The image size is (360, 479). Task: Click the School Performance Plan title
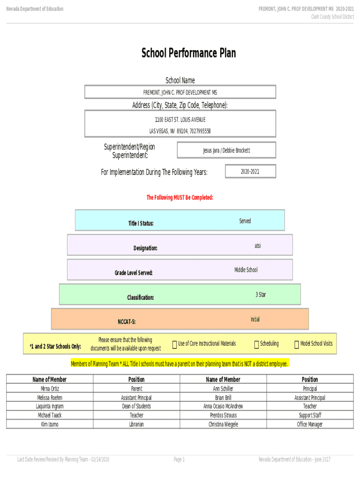[188, 53]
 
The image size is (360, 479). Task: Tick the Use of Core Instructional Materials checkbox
[174, 345]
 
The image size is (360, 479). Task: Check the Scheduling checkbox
[256, 345]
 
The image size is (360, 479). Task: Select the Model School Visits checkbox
[296, 345]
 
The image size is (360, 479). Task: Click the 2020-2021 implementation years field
[250, 172]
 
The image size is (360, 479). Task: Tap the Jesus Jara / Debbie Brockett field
[226, 150]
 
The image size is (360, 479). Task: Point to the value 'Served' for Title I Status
[245, 221]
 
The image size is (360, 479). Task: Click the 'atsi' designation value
[258, 245]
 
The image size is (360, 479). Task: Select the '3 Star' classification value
[260, 295]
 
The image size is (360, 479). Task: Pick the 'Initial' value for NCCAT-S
[255, 319]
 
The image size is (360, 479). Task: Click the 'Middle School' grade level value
[245, 270]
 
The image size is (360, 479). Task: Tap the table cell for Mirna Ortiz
[50, 389]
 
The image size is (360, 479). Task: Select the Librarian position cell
[137, 424]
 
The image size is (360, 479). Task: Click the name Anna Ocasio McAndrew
[223, 406]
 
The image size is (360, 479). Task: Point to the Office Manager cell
[310, 424]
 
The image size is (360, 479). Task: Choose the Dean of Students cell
[137, 406]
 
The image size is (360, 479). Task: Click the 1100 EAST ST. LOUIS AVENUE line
[180, 120]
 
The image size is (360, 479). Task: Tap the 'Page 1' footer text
[179, 460]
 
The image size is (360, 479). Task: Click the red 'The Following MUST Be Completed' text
[180, 198]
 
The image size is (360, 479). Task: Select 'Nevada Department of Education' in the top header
[35, 9]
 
